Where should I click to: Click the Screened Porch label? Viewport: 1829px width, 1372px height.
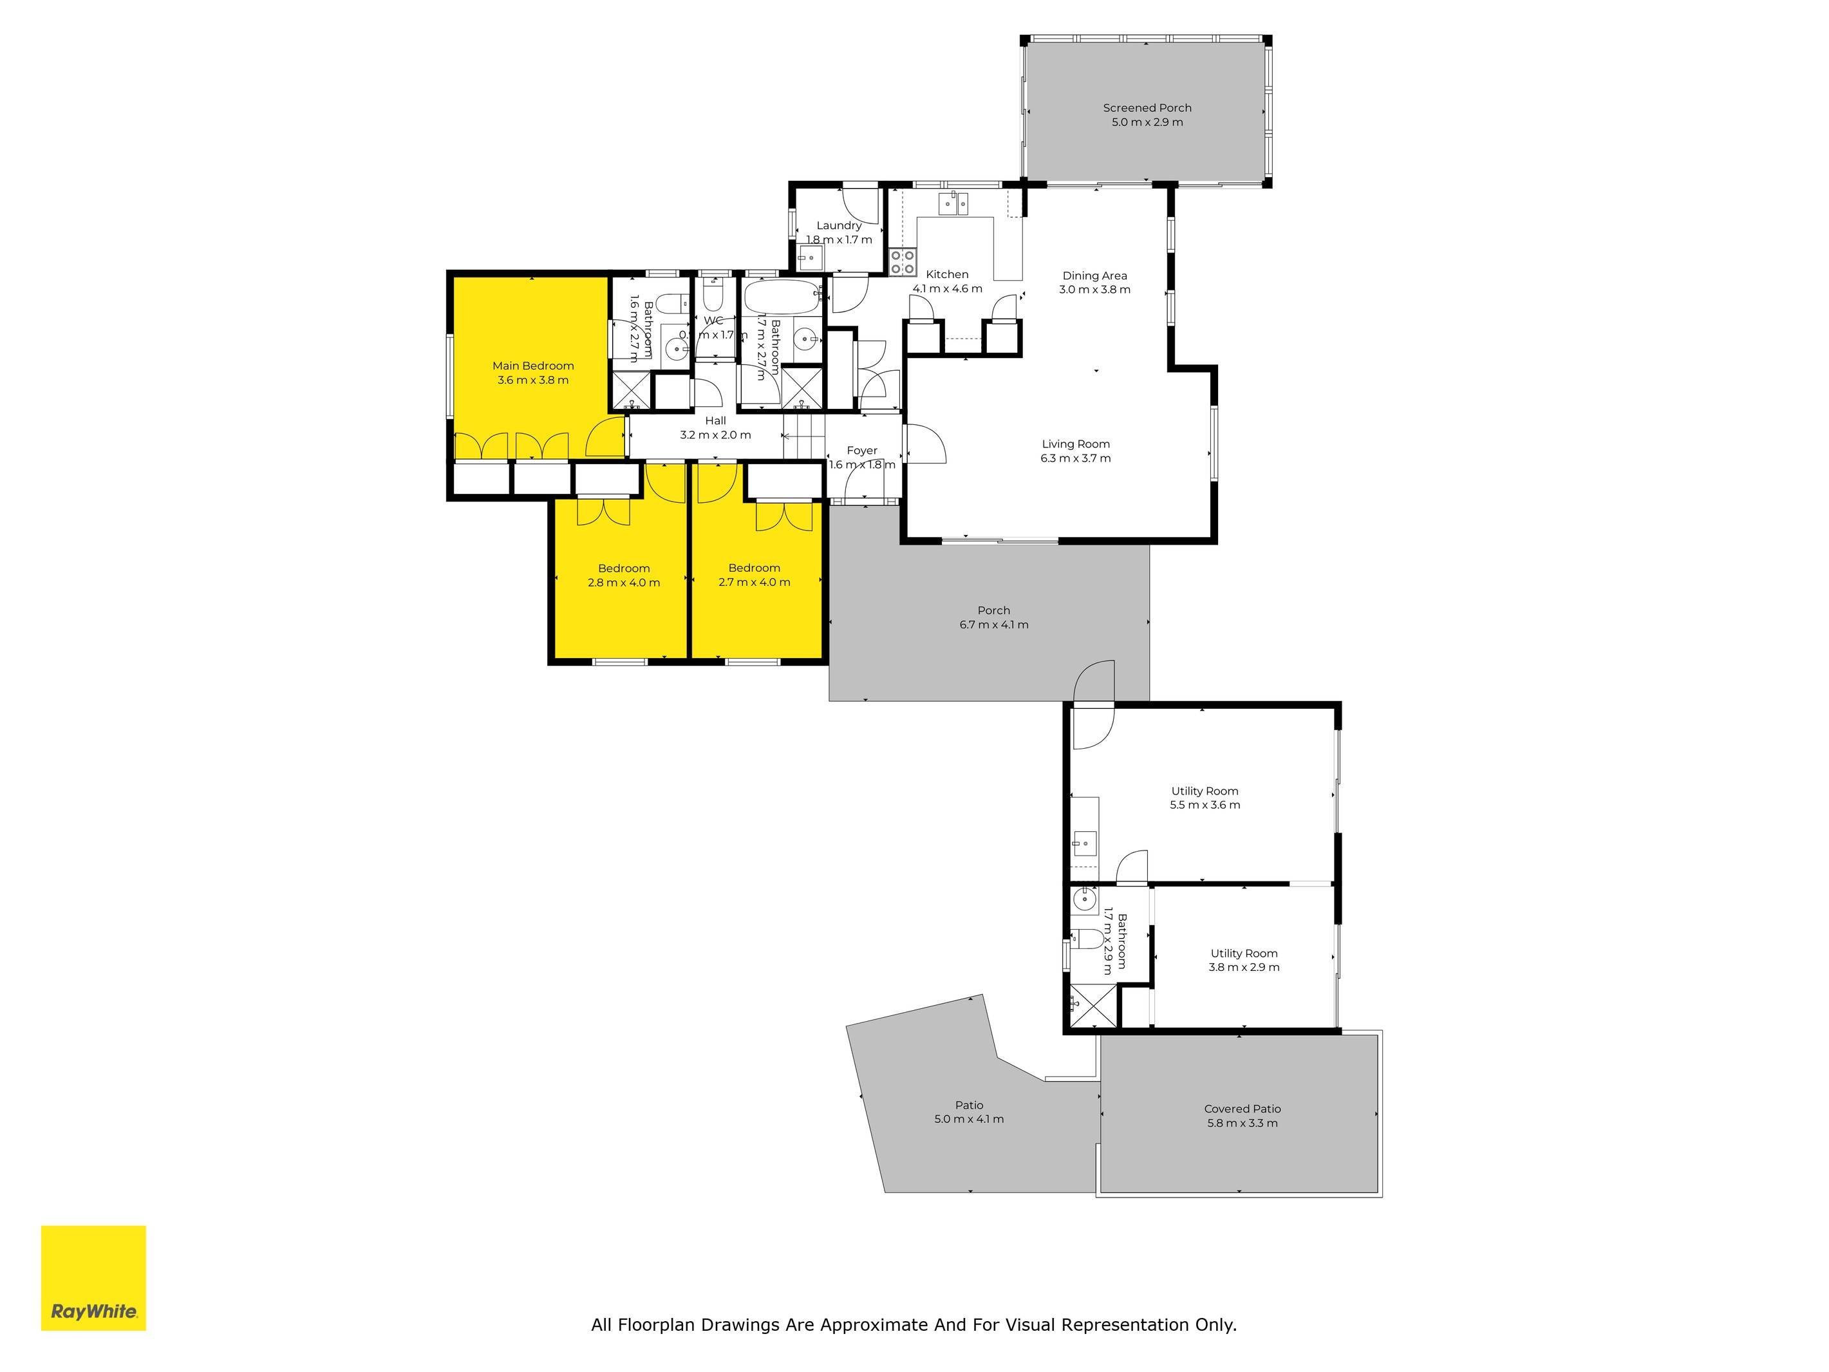[1147, 108]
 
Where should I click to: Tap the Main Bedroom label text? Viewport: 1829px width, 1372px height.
[532, 366]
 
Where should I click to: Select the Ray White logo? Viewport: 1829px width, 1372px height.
[93, 1278]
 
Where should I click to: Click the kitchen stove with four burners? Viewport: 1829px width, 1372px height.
[902, 262]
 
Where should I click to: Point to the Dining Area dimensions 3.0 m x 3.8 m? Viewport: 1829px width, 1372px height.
[1094, 290]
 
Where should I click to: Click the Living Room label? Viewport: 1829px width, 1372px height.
[1075, 444]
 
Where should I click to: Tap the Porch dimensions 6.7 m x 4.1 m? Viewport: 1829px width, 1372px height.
[993, 625]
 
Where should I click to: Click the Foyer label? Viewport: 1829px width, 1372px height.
[861, 451]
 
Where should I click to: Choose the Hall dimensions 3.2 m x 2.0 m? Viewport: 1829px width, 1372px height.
[715, 435]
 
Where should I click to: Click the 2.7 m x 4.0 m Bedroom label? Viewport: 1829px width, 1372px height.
[754, 568]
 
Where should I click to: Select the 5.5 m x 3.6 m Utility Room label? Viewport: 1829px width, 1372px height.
[1204, 791]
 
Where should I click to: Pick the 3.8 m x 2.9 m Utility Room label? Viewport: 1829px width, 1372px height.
[1244, 954]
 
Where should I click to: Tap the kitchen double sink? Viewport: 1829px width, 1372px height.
[953, 203]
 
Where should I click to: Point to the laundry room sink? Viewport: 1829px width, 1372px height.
[811, 257]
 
